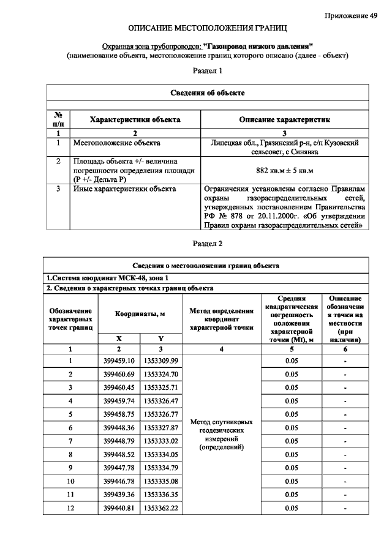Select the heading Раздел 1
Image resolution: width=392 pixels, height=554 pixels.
[208, 71]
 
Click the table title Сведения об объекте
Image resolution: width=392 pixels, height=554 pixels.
[208, 92]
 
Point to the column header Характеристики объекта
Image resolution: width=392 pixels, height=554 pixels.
[135, 120]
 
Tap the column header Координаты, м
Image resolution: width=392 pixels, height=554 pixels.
[140, 313]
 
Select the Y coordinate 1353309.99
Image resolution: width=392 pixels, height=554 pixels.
[160, 361]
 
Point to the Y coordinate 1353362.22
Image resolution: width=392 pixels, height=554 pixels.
[160, 508]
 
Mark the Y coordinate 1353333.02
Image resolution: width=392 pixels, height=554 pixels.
[160, 441]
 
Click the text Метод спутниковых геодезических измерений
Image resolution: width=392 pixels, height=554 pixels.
[222, 435]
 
